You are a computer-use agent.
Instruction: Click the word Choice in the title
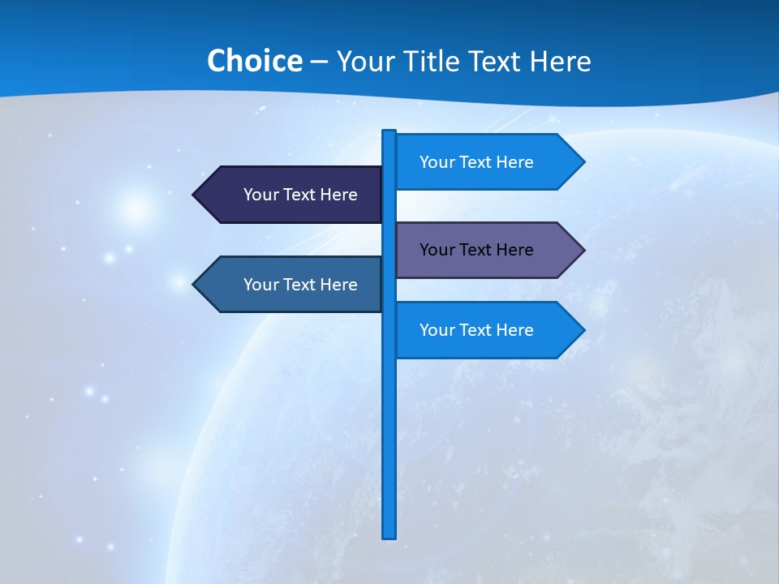pyautogui.click(x=254, y=61)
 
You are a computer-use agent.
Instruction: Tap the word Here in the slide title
pyautogui.click(x=560, y=61)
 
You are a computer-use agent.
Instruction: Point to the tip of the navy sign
pyautogui.click(x=195, y=195)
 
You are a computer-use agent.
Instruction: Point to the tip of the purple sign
pyautogui.click(x=583, y=250)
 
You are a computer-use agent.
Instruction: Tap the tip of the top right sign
pyautogui.click(x=583, y=161)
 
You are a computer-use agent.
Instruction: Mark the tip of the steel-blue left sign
pyautogui.click(x=195, y=284)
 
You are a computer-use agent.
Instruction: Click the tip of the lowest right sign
pyautogui.click(x=583, y=330)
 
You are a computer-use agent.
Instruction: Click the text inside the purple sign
pyautogui.click(x=476, y=250)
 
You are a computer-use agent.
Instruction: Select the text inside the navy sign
pyautogui.click(x=300, y=195)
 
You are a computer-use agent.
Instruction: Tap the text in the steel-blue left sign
pyautogui.click(x=300, y=285)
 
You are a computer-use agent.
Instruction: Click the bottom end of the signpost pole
pyautogui.click(x=389, y=535)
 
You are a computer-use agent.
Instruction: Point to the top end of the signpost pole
pyautogui.click(x=389, y=132)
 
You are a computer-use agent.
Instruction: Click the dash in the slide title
pyautogui.click(x=319, y=62)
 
